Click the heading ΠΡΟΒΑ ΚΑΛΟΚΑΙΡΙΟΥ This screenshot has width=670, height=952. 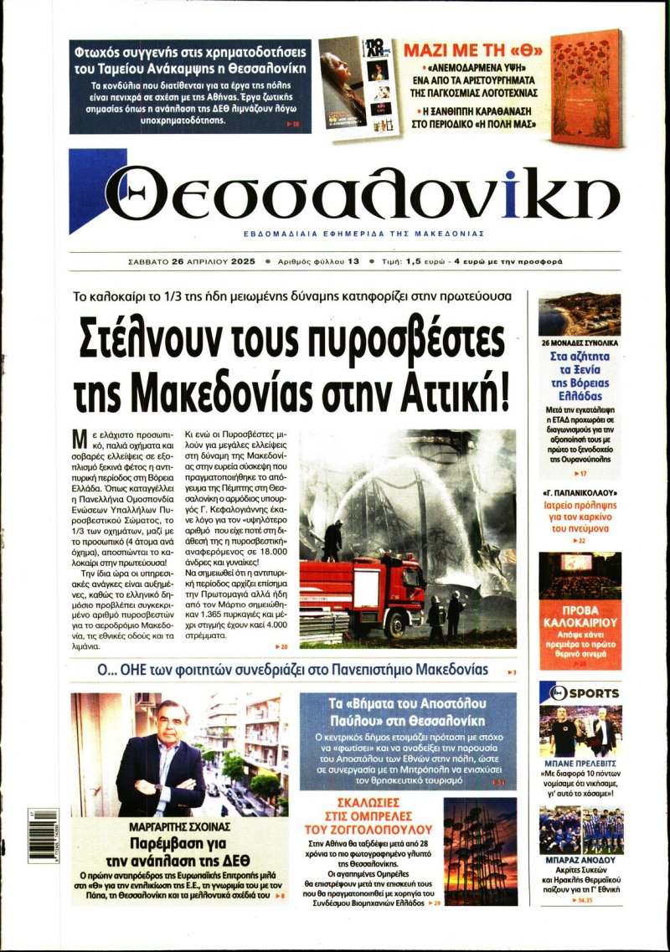click(x=580, y=616)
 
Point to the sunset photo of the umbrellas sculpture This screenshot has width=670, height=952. click(x=480, y=852)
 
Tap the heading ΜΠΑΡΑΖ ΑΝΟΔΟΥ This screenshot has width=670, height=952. click(x=580, y=860)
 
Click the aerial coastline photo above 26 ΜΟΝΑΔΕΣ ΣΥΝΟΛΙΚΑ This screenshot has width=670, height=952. click(x=580, y=314)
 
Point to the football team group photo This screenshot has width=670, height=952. click(x=580, y=829)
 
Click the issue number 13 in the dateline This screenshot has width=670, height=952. click(x=353, y=261)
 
